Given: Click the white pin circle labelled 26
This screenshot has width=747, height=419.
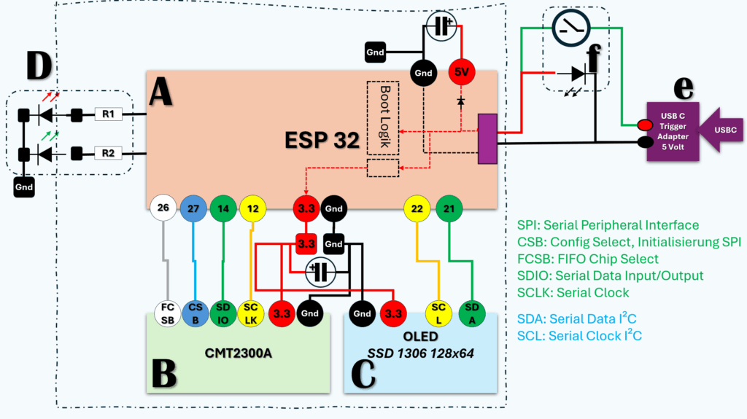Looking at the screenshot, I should tap(163, 208).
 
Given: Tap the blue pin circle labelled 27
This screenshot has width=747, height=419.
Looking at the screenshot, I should tap(194, 208).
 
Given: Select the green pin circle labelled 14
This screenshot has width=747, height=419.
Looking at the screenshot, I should tap(223, 208).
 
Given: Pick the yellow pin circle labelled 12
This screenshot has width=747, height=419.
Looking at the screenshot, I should tap(253, 208).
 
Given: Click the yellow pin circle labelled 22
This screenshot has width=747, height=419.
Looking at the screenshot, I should tap(417, 208).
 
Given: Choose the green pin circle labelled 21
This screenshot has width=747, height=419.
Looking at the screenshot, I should tap(449, 208).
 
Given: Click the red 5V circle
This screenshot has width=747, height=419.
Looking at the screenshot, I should tap(462, 72).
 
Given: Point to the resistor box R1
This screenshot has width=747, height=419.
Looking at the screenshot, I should tap(108, 114).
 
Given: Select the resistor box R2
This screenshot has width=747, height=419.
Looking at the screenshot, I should tap(108, 153).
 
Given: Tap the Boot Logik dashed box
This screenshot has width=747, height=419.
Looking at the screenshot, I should tap(383, 117).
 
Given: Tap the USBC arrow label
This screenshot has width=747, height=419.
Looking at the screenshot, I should tap(724, 130).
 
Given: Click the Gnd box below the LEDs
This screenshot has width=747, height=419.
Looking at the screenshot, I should tap(24, 187).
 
